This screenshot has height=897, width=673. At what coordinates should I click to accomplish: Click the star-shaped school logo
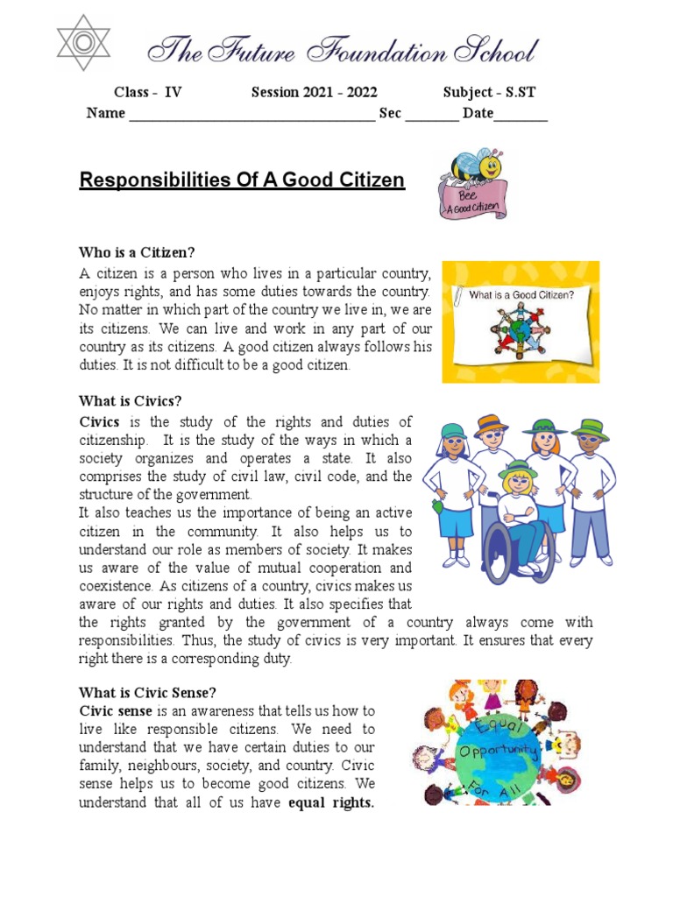[x=83, y=43]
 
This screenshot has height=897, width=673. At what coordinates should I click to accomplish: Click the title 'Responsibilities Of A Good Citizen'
[x=242, y=180]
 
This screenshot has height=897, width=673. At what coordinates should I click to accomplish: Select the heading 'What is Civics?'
[x=131, y=401]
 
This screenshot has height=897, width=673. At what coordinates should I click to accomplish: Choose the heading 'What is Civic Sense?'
[x=146, y=691]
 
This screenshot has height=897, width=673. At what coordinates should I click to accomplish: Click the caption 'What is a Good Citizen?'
[x=521, y=295]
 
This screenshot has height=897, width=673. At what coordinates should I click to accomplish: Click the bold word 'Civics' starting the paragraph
[x=99, y=422]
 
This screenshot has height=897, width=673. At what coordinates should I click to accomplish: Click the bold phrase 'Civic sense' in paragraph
[x=116, y=710]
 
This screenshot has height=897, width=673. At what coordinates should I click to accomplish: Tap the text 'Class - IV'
[x=148, y=93]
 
